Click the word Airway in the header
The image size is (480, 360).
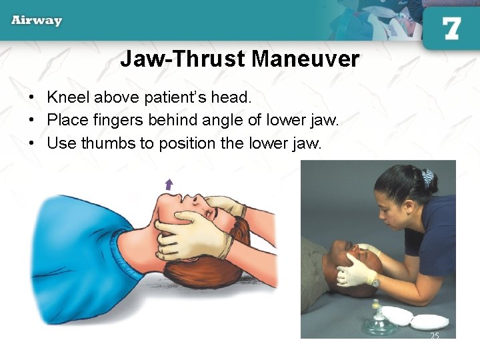point(36,20)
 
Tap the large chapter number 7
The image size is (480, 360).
point(451,28)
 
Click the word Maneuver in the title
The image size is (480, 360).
point(306,59)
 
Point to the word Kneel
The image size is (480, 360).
point(68,97)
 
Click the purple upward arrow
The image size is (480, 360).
point(169,185)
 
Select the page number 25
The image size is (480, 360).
point(435,336)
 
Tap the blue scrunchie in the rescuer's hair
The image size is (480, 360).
point(427,178)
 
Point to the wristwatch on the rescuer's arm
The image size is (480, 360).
point(376,282)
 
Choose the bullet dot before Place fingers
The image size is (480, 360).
point(31,121)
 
